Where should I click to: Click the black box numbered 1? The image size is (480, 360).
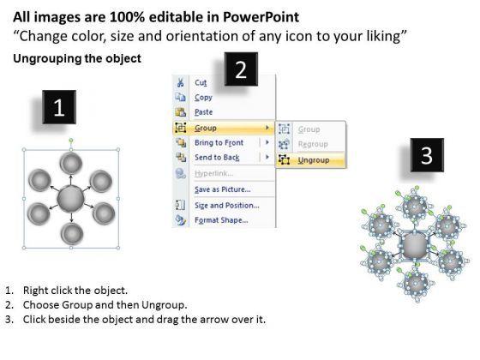(x=59, y=107)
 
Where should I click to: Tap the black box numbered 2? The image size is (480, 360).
(x=241, y=69)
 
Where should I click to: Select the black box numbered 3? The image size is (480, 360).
(x=427, y=155)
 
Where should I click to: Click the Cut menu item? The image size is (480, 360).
(x=201, y=82)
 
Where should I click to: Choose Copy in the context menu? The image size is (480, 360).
(x=203, y=98)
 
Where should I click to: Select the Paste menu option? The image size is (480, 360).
(x=204, y=112)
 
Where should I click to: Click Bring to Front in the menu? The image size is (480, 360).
(x=219, y=142)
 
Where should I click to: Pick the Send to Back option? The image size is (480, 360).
(x=217, y=158)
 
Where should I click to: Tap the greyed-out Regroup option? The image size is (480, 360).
(x=313, y=144)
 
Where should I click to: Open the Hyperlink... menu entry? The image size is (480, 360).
(x=214, y=173)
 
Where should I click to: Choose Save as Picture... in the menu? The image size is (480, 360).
(x=223, y=189)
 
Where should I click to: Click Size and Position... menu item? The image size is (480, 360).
(x=227, y=206)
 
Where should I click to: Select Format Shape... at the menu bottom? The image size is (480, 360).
(x=221, y=220)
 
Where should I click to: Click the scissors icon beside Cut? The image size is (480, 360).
(x=180, y=82)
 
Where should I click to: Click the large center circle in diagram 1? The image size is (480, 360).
(x=70, y=198)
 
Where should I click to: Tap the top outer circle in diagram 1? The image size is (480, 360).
(x=71, y=163)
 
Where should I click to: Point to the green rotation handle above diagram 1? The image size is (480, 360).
(x=71, y=141)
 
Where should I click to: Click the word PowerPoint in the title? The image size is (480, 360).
(x=261, y=17)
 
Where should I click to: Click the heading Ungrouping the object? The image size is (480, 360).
(x=77, y=58)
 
